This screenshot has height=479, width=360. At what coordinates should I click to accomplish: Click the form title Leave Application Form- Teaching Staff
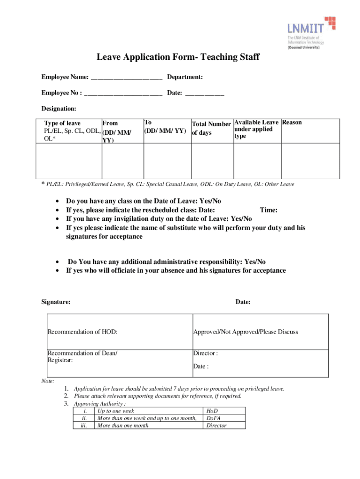pos(178,58)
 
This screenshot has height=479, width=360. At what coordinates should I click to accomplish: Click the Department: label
pos(185,77)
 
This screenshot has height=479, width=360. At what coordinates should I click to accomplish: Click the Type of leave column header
pos(62,123)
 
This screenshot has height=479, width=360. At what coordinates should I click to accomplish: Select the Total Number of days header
pos(211,128)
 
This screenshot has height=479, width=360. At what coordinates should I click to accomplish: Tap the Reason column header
pos(292,123)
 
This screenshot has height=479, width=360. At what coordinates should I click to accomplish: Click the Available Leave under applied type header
pos(256,129)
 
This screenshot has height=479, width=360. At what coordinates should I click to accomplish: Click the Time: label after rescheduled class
pos(269,210)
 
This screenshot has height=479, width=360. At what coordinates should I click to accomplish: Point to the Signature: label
pos(56,302)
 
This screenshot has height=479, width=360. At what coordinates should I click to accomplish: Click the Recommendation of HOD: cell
pos(82,332)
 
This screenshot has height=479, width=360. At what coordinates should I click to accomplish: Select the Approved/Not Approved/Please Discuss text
pos(245,332)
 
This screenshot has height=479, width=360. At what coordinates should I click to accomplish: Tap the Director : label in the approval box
pos(205,353)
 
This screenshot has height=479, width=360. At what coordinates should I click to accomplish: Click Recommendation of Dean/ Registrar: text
pos(82,357)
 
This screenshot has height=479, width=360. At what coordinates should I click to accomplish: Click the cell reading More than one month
pos(122,425)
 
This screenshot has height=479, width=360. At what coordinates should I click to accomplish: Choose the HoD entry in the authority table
pos(212,411)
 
